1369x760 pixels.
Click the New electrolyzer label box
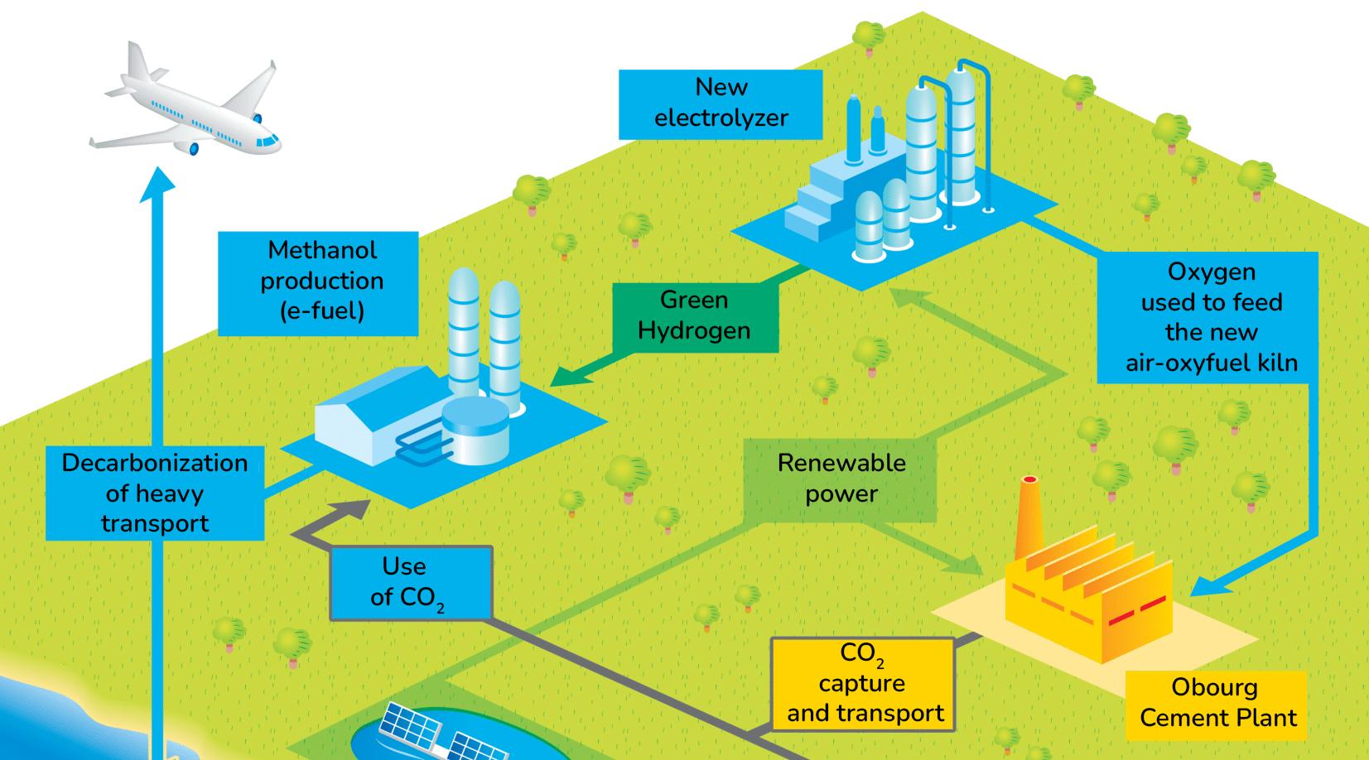click(x=721, y=103)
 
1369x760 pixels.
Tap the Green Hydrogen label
click(x=694, y=316)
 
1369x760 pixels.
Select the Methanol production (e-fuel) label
click(x=318, y=282)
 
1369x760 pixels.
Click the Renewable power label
click(x=841, y=479)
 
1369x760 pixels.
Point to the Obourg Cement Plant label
click(x=1217, y=704)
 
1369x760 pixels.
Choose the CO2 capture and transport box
click(x=863, y=684)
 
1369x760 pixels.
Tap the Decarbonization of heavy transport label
click(x=155, y=493)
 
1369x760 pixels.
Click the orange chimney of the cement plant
click(x=1029, y=517)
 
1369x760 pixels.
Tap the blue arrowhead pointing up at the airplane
click(x=157, y=183)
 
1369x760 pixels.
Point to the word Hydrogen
click(x=694, y=331)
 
